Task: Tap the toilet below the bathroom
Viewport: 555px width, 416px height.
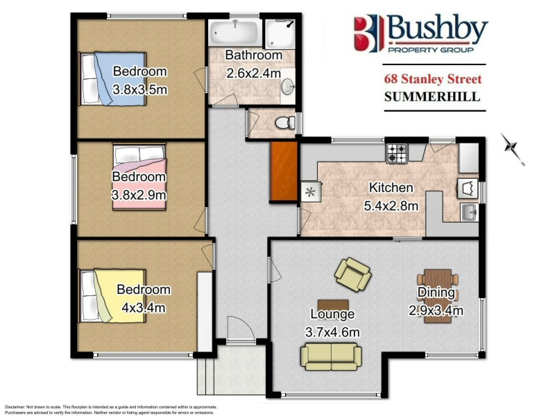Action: click(282, 123)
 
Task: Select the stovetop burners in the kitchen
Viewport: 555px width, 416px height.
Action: click(397, 154)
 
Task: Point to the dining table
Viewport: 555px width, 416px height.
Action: click(438, 295)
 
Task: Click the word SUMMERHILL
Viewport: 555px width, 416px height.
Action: click(432, 97)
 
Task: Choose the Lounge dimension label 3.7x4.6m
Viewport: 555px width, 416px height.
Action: click(333, 332)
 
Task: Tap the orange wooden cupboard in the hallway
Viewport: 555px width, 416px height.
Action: click(283, 172)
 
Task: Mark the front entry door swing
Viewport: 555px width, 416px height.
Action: click(237, 329)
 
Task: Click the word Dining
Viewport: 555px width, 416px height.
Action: click(436, 293)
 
